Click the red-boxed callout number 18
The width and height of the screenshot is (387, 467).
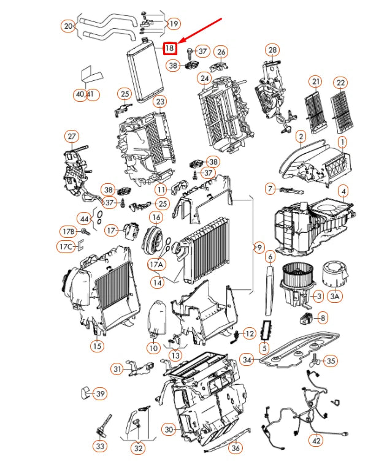coord(170,47)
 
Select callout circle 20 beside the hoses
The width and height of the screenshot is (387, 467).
coord(67,26)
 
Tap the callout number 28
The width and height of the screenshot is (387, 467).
coord(272,50)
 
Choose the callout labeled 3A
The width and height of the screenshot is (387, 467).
coord(334,297)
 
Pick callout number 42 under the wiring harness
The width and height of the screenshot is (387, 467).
coord(316,439)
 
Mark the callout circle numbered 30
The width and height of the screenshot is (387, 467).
coord(169,430)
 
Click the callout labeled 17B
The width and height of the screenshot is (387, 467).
coord(67,232)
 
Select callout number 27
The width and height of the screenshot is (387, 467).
coord(72,135)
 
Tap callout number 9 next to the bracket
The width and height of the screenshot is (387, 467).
coord(259,248)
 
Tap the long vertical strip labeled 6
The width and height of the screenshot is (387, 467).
coord(269,294)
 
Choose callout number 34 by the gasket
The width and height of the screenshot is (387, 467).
coord(247,359)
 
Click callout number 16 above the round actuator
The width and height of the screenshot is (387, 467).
coord(156,217)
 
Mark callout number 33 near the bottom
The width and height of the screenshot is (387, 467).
coord(99,447)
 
